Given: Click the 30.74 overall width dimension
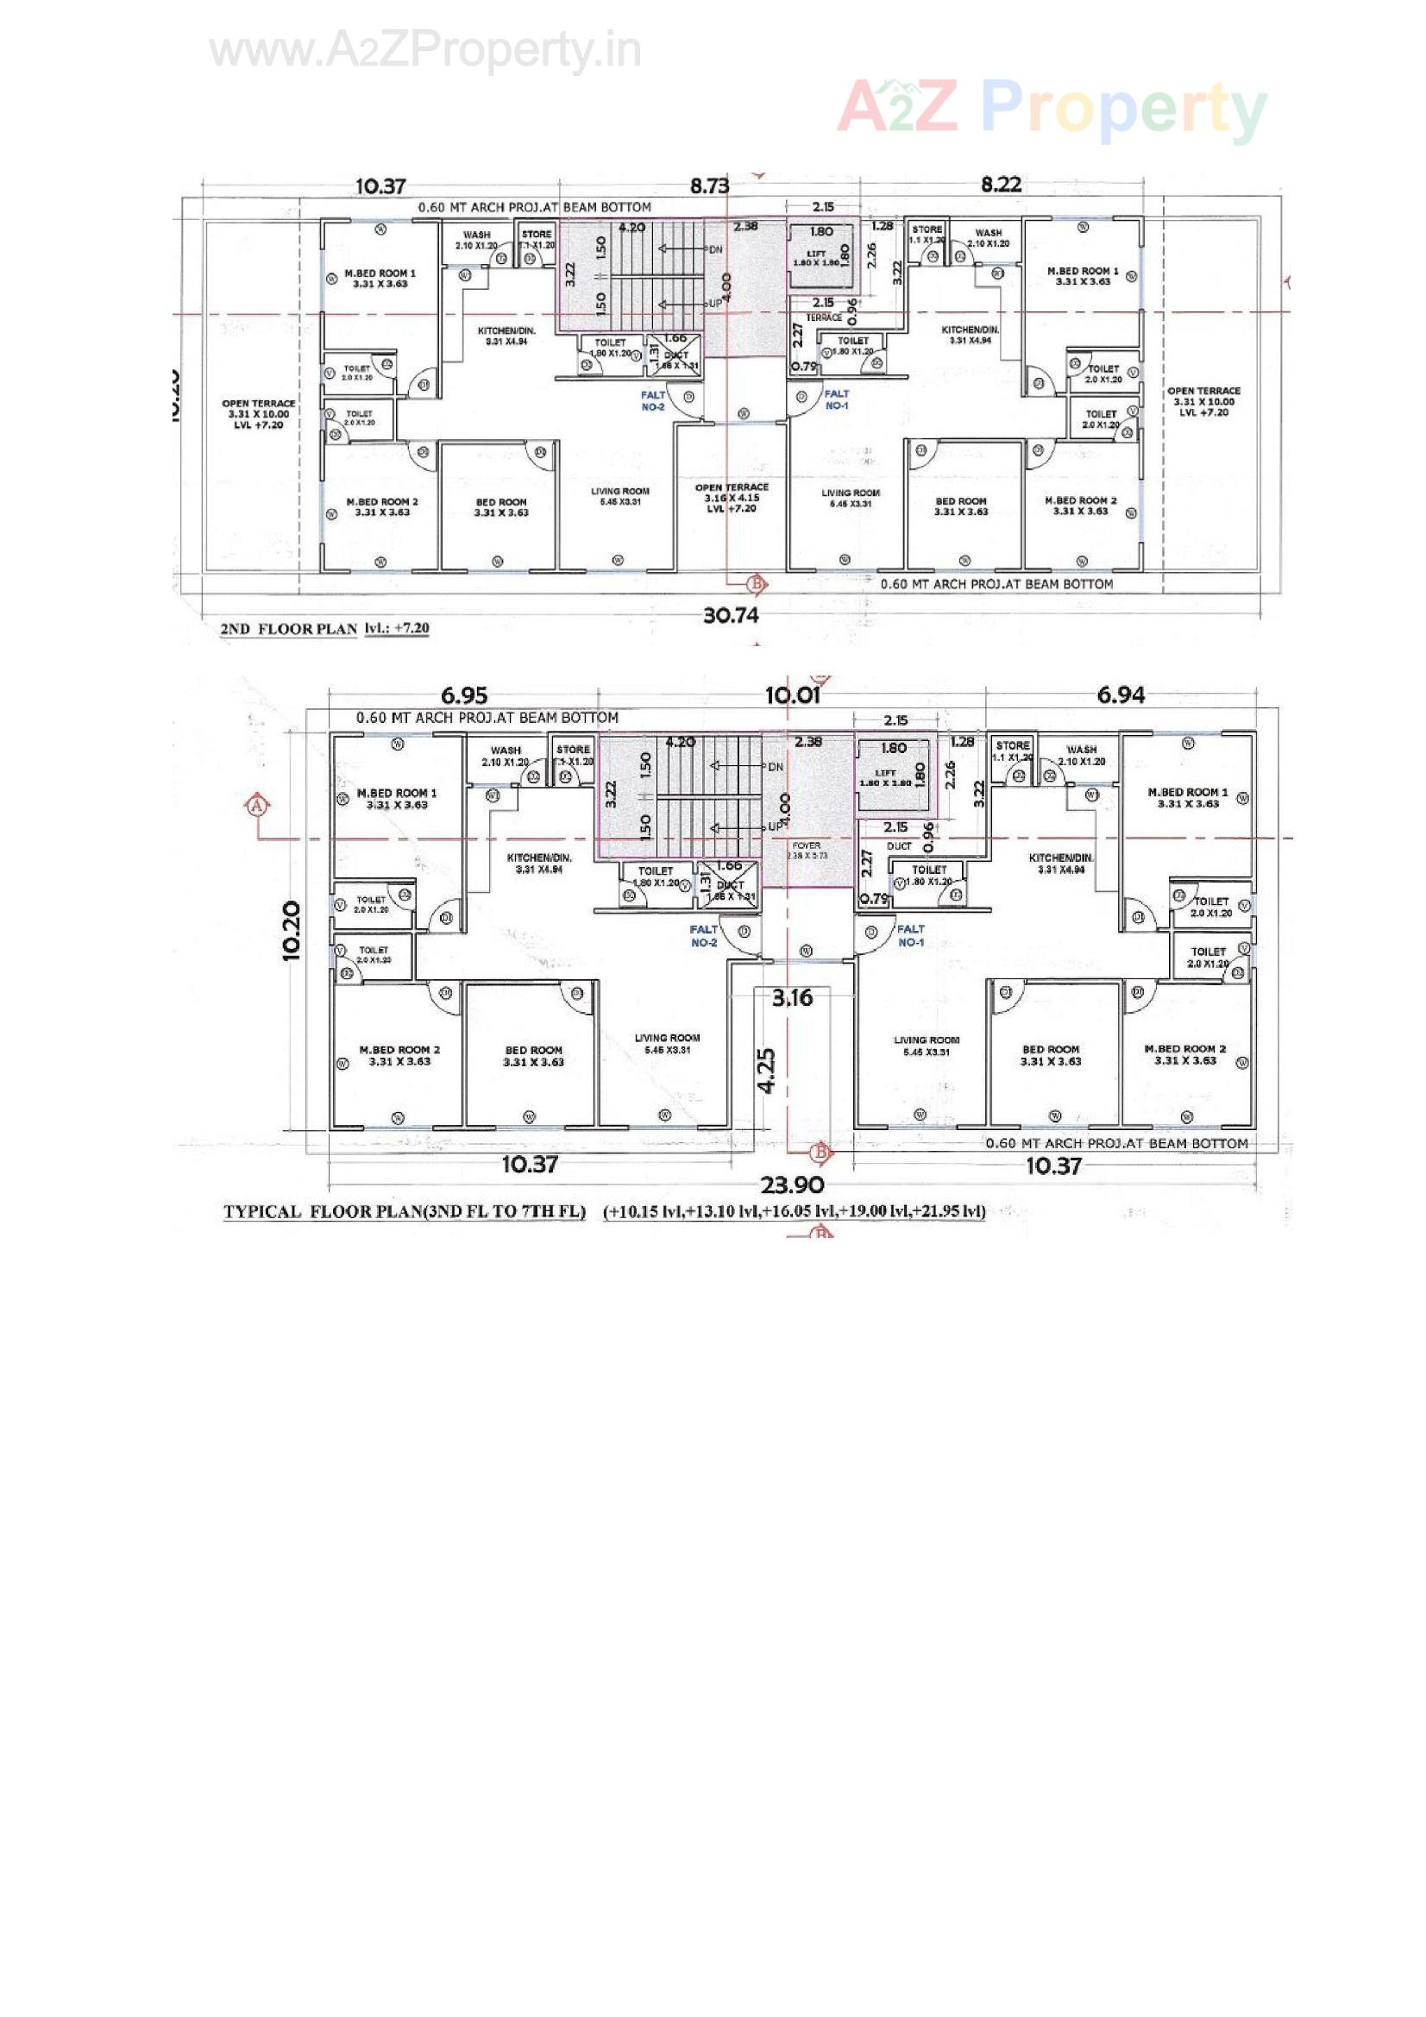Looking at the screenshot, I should [x=730, y=615].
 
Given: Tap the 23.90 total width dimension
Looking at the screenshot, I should [x=791, y=1185].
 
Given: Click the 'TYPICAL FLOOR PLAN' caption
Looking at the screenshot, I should [x=405, y=1211].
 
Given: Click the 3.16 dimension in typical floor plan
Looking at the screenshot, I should [x=793, y=997].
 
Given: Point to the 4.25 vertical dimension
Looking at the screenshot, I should [x=767, y=1070].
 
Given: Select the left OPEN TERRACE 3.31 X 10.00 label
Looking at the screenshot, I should [x=258, y=414].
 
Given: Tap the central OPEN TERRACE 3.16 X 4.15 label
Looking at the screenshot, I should [x=731, y=497].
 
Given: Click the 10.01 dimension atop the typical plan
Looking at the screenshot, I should [x=792, y=695].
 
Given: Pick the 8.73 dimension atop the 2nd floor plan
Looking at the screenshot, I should [x=709, y=185].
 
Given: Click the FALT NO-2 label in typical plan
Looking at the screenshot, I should [x=704, y=934].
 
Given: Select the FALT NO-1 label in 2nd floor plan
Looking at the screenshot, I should [x=837, y=399].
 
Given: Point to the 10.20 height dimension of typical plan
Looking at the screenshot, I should [x=292, y=931].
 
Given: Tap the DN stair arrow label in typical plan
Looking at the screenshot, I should [x=775, y=767].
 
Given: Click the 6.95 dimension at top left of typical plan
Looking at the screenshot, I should [x=463, y=695].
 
